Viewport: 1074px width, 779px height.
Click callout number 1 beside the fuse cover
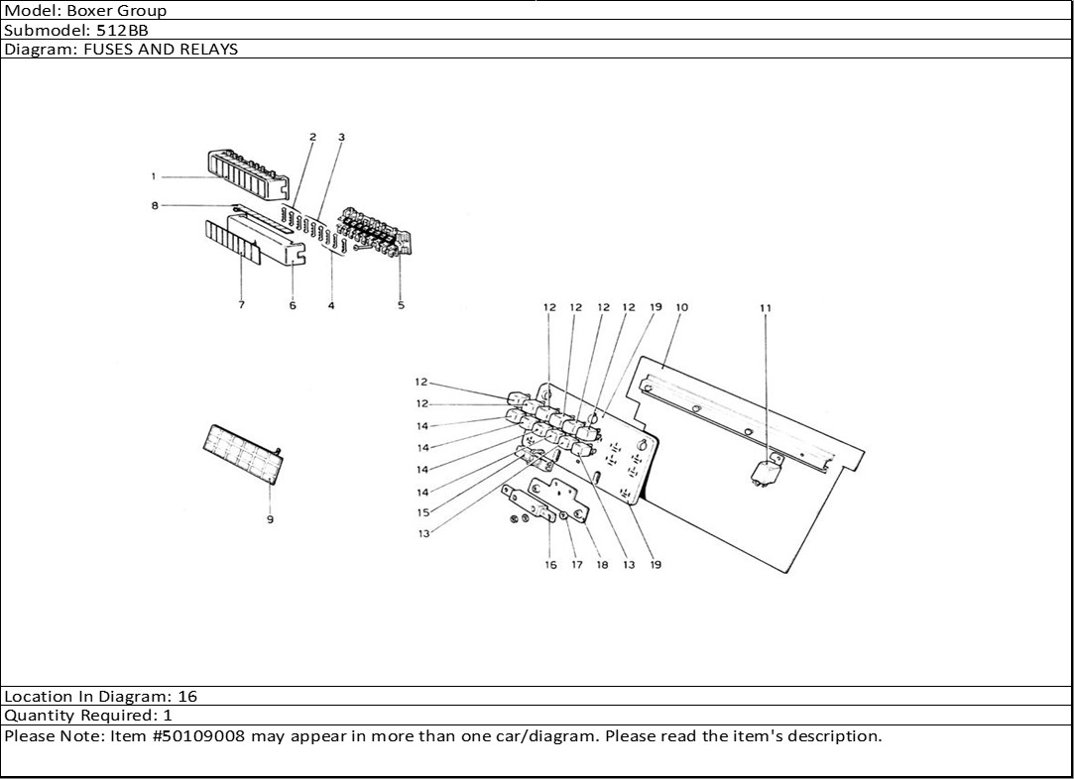(154, 176)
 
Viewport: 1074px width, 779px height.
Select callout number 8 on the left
(155, 206)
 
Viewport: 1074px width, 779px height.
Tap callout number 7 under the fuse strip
(241, 305)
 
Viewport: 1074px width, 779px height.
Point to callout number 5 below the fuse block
(401, 305)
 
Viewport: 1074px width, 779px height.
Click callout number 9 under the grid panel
(270, 519)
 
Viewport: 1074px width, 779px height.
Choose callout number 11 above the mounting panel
(765, 308)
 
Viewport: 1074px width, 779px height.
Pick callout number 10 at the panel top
(681, 308)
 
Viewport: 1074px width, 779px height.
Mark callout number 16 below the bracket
(550, 566)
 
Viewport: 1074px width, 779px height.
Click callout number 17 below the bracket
(576, 566)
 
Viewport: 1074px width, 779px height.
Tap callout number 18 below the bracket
(602, 566)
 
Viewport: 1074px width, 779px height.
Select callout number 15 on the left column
(422, 513)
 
